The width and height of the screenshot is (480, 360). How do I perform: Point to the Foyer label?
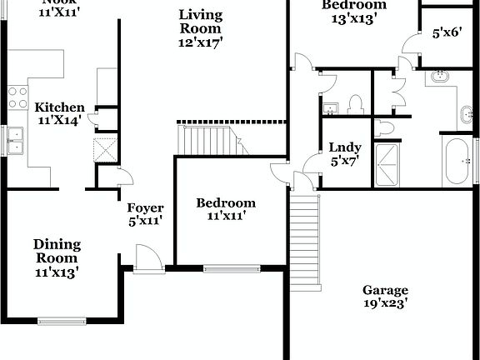click(x=145, y=207)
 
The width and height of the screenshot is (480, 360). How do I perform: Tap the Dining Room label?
click(x=57, y=244)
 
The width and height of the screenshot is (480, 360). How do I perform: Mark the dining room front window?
click(x=61, y=320)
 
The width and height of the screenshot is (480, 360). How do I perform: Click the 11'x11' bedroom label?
click(x=225, y=202)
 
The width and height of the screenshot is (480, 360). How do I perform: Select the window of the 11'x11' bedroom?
click(x=231, y=268)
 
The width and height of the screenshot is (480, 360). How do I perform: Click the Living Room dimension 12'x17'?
click(x=201, y=40)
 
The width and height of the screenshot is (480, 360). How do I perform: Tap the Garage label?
click(x=385, y=290)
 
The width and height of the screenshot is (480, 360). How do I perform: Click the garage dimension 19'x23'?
click(x=385, y=305)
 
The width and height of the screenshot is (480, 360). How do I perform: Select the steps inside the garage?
click(x=305, y=242)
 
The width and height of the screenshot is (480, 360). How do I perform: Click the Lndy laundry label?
click(x=343, y=147)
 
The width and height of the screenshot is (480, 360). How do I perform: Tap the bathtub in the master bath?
click(x=456, y=160)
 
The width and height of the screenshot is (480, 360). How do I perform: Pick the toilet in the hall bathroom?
click(x=356, y=103)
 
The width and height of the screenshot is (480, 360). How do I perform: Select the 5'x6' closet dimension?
click(x=447, y=32)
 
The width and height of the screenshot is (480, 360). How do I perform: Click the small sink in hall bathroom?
click(x=329, y=107)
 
